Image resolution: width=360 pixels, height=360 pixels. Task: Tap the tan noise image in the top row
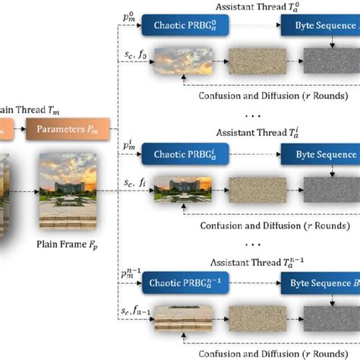254,59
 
